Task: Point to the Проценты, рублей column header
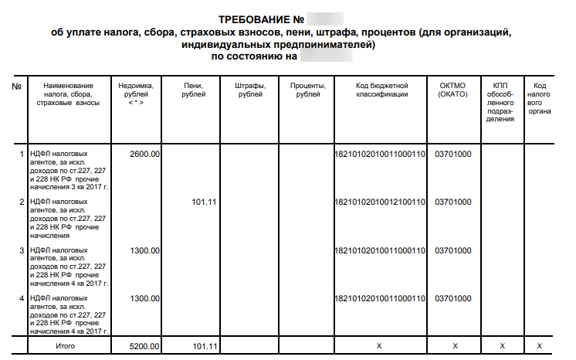[307, 89]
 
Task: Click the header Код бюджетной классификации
[381, 89]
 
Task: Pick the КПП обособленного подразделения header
[501, 102]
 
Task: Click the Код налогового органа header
[540, 97]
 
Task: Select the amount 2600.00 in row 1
[145, 154]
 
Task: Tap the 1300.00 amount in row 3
[145, 250]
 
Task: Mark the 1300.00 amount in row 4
[145, 298]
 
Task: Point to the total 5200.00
[145, 345]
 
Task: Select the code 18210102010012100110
[380, 202]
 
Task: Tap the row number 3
[21, 250]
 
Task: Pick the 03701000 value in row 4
[453, 298]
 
